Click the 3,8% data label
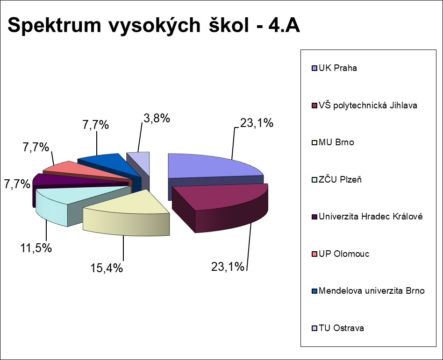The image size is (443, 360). coord(156,118)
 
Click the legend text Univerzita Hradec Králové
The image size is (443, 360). coord(370,217)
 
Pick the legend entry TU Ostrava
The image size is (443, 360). coord(341,328)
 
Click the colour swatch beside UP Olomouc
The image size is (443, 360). coord(314,254)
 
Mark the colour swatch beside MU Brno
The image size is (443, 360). coord(314,142)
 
